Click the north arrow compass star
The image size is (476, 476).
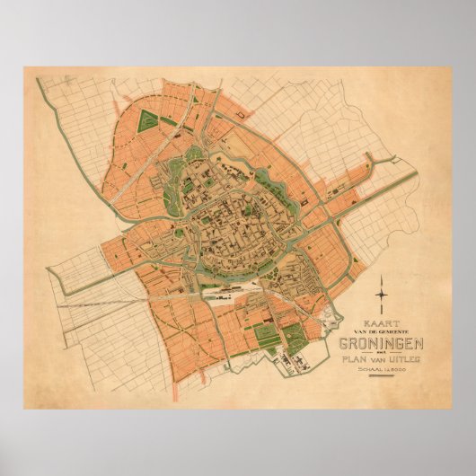pos(383,293)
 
